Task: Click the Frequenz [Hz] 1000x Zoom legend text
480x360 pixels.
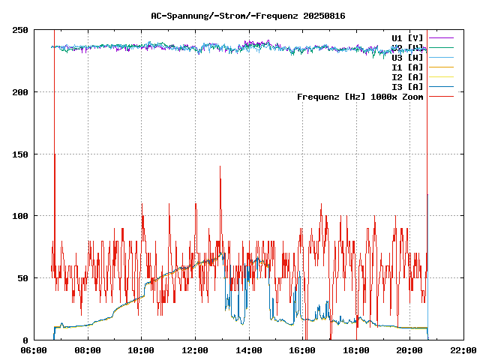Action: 360,96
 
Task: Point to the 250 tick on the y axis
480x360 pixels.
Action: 21,30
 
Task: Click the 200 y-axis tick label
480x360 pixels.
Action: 21,92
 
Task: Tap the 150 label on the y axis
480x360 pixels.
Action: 21,154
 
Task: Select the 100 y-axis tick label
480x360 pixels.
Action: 21,216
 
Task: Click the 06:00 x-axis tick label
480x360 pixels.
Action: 34,350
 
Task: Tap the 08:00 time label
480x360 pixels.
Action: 88,350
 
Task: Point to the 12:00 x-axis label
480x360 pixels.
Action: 195,350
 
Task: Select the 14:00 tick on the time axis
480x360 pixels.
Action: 249,350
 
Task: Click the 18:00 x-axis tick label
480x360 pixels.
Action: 356,350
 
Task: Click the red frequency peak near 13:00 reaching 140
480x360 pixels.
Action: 220,168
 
